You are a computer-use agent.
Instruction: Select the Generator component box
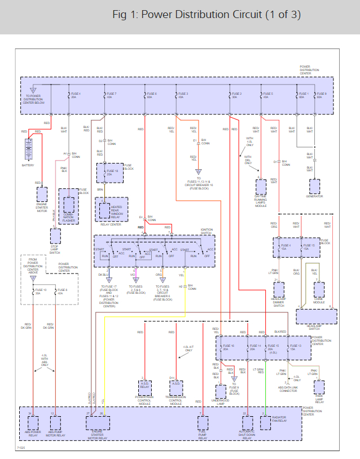coord(314,186)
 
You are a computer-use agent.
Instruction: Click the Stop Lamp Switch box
coord(55,235)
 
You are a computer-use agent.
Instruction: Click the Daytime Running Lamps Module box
coord(260,186)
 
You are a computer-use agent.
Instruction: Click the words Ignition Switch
coord(207,231)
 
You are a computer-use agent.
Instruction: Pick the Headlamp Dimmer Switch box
coord(278,289)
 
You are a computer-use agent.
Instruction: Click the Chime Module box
coord(319,289)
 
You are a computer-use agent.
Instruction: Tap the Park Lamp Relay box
coord(319,387)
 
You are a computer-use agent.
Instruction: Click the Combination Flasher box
coord(69,205)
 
